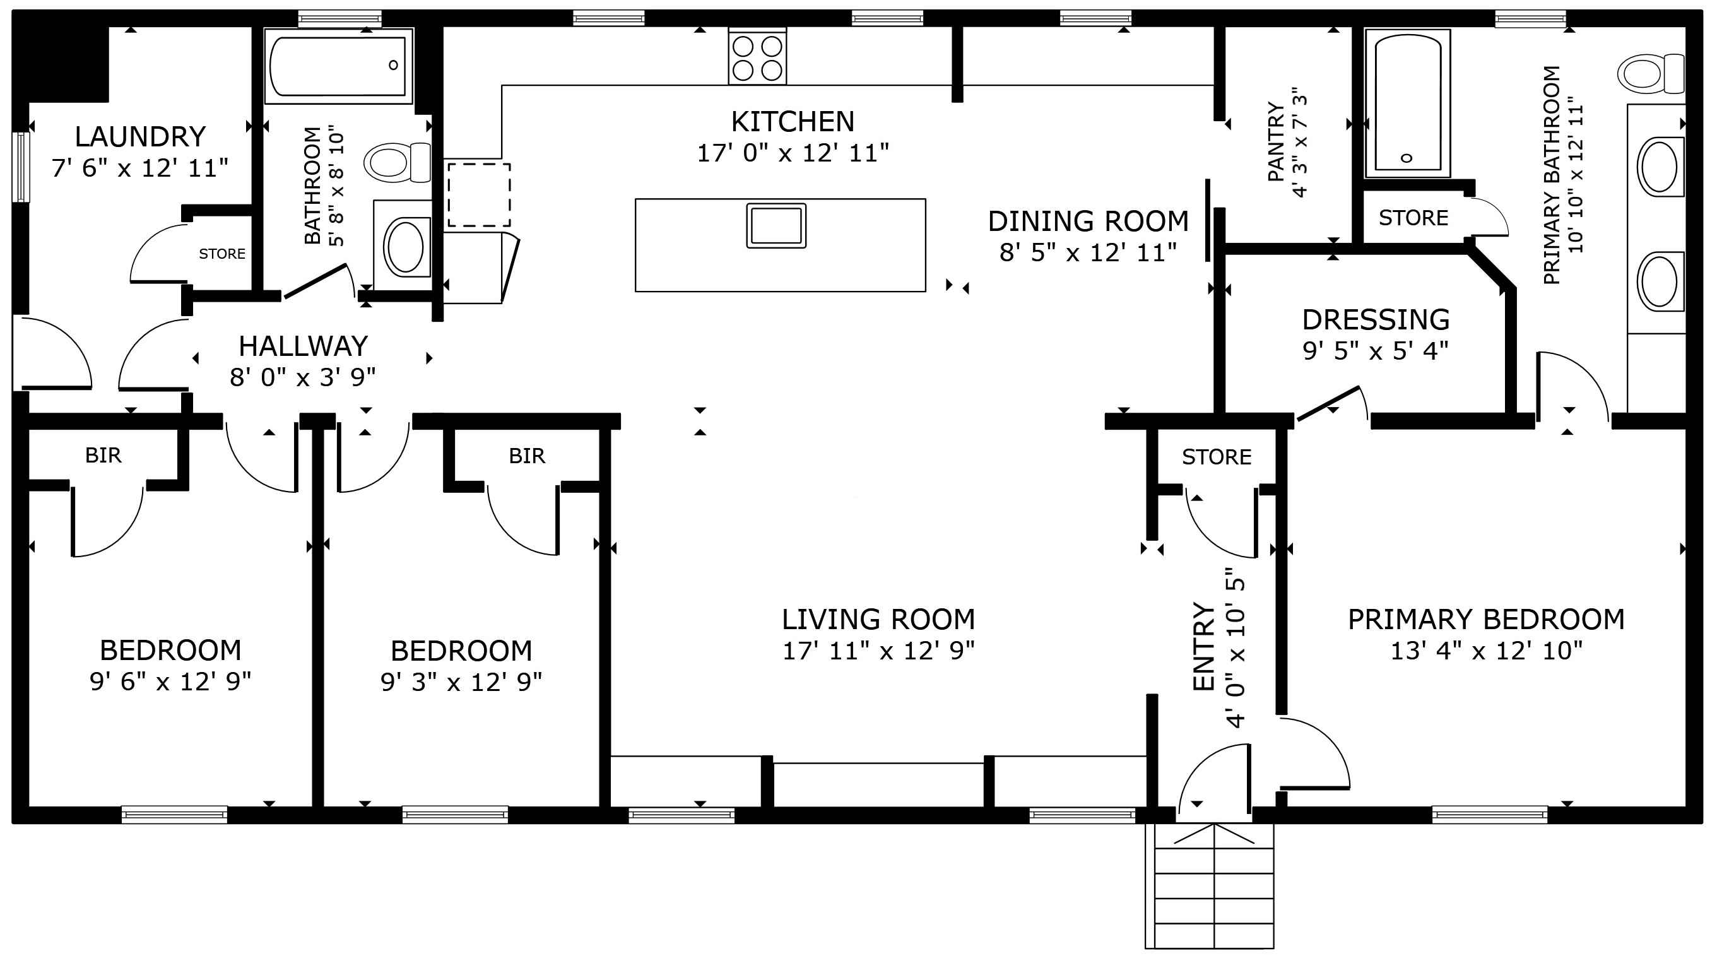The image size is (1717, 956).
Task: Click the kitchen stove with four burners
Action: (x=757, y=56)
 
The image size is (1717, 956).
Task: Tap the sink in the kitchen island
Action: (x=776, y=225)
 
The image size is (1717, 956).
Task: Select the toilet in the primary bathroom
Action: (x=1650, y=73)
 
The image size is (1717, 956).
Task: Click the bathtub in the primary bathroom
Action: (x=1407, y=103)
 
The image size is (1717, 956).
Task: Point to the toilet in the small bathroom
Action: (x=396, y=162)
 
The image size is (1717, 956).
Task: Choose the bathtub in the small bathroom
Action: (x=339, y=66)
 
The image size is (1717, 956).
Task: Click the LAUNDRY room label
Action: (x=140, y=137)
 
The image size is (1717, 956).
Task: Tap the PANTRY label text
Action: (x=1276, y=141)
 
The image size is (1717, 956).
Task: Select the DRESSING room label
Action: (x=1376, y=319)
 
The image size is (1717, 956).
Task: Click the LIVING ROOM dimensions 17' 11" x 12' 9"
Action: (x=878, y=651)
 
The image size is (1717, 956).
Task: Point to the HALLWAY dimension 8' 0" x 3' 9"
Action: (x=303, y=377)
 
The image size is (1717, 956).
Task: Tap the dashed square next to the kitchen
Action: (x=478, y=194)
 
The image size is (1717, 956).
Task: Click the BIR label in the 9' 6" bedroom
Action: (x=103, y=456)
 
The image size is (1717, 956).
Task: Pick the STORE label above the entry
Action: (x=1217, y=457)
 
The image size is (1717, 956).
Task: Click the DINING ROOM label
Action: (x=1088, y=221)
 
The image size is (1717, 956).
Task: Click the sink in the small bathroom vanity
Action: (x=404, y=247)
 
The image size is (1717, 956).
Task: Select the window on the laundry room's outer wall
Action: (x=21, y=167)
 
